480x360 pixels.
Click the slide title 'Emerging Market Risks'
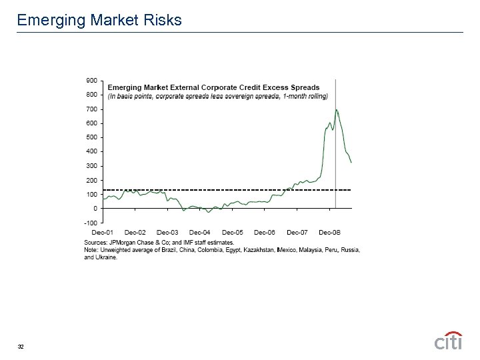[x=99, y=20]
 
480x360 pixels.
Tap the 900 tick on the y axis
[x=91, y=80]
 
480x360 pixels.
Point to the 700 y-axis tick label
[x=91, y=109]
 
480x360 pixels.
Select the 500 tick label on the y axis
[x=91, y=137]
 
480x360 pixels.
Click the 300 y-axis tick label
[x=91, y=166]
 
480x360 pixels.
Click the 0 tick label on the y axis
[x=95, y=209]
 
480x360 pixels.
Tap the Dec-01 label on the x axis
[x=102, y=232]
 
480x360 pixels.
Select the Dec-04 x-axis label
[x=200, y=232]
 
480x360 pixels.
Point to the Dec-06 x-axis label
[x=265, y=232]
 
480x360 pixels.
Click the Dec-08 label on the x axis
[x=329, y=232]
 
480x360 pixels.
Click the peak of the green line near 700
[x=336, y=109]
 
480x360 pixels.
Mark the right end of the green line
[x=351, y=162]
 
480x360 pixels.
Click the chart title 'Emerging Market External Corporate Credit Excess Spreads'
[x=213, y=87]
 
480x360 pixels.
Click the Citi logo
[x=448, y=340]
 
